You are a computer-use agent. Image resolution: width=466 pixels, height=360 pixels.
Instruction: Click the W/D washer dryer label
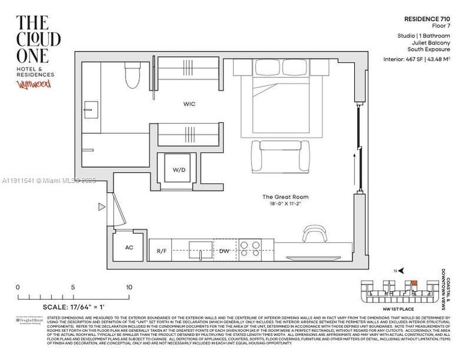click(180, 170)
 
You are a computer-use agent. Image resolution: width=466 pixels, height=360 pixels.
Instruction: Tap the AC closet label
click(128, 247)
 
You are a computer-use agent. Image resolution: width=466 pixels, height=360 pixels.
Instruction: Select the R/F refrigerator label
click(161, 250)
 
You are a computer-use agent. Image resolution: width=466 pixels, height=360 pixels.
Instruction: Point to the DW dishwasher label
click(224, 250)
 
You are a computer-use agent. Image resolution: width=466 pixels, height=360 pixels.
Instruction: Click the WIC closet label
click(189, 104)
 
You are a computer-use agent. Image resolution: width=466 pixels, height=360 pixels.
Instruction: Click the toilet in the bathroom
click(133, 78)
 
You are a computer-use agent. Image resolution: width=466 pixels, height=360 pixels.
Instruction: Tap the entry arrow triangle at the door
click(102, 208)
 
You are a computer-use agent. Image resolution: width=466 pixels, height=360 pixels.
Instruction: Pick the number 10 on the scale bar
click(129, 287)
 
